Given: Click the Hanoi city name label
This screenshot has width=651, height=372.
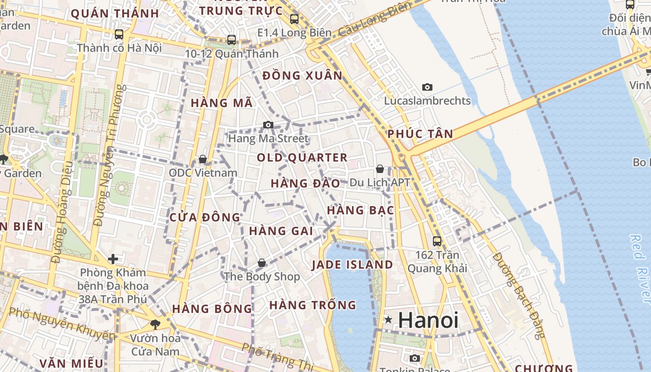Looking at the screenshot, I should pyautogui.click(x=428, y=320).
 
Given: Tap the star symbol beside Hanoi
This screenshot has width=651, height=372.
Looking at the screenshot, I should pyautogui.click(x=388, y=320).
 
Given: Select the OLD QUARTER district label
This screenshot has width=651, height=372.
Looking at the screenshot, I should pyautogui.click(x=302, y=158).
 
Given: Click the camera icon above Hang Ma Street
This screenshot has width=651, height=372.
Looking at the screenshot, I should pyautogui.click(x=268, y=125).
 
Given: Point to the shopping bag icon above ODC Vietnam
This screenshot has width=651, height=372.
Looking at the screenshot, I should pyautogui.click(x=203, y=159).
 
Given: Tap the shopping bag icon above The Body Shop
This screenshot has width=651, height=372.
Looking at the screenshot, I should pyautogui.click(x=262, y=263).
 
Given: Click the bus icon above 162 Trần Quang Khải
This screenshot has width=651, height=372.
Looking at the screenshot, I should pyautogui.click(x=437, y=241).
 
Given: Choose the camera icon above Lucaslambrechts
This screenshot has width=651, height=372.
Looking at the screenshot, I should pyautogui.click(x=427, y=87).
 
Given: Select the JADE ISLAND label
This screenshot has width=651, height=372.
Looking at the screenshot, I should pyautogui.click(x=352, y=265).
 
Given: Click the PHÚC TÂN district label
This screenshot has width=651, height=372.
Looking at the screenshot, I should pyautogui.click(x=420, y=134).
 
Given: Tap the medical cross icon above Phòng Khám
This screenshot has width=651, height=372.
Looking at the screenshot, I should pyautogui.click(x=113, y=259).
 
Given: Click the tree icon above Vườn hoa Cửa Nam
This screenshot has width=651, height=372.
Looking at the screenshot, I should pyautogui.click(x=155, y=324).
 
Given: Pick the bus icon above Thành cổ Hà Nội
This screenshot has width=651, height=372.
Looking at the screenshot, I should pyautogui.click(x=119, y=34).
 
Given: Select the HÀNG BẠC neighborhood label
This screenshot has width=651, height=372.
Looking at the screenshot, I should pyautogui.click(x=360, y=210).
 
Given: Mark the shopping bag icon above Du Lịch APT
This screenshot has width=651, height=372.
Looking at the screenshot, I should pyautogui.click(x=380, y=169).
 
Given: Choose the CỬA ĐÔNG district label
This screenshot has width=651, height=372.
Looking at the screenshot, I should pyautogui.click(x=205, y=217).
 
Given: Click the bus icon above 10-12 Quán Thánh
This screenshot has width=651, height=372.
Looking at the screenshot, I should pyautogui.click(x=232, y=40).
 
